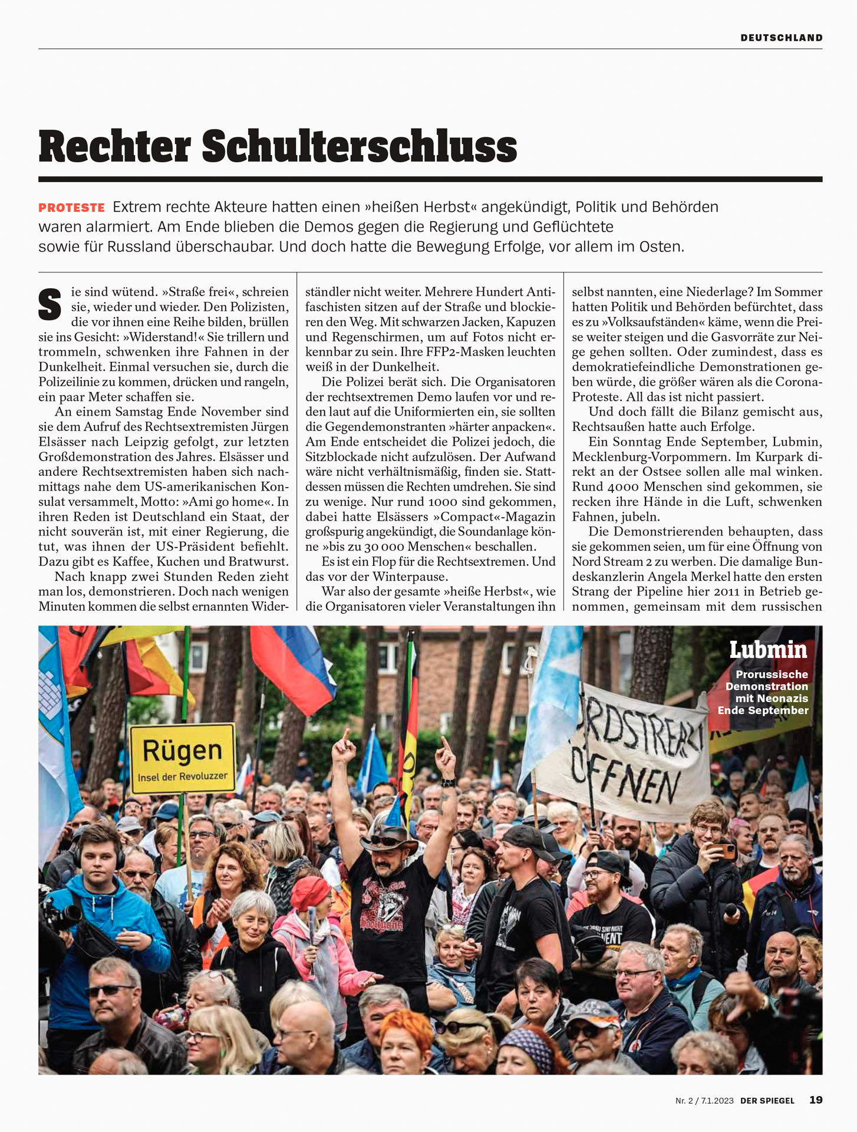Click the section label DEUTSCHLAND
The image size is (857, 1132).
pos(781,38)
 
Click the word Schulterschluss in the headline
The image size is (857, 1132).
pos(360,147)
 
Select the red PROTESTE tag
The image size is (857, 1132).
pos(71,208)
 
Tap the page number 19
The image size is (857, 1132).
pos(816,1100)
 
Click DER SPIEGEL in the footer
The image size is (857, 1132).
pos(767,1100)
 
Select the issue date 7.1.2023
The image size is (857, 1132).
pos(717,1100)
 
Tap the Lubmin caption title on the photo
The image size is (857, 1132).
pos(768,650)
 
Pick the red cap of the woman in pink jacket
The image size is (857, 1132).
pos(309,891)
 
